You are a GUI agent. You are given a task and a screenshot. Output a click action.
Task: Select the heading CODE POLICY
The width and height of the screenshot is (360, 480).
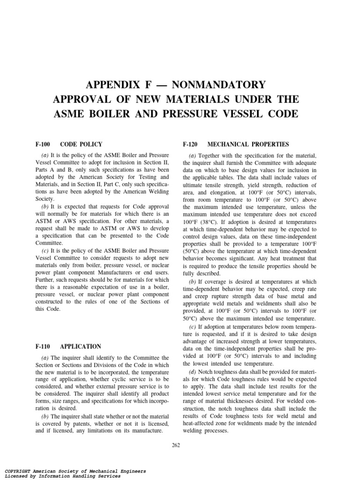tap(81, 144)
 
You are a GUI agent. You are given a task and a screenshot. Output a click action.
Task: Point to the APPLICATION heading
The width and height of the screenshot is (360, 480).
tap(81, 346)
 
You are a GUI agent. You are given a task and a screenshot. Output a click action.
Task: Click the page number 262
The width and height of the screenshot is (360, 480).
tap(176, 444)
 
